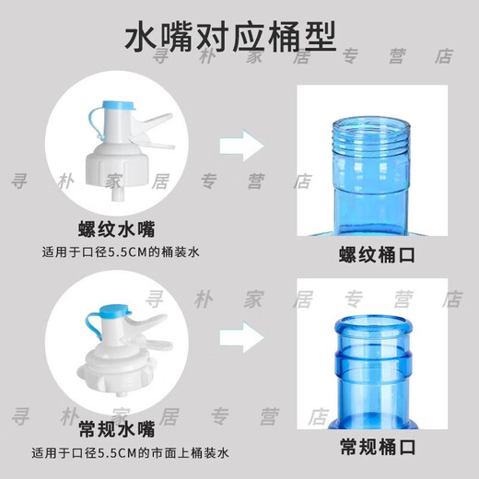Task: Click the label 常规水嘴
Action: point(115,428)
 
